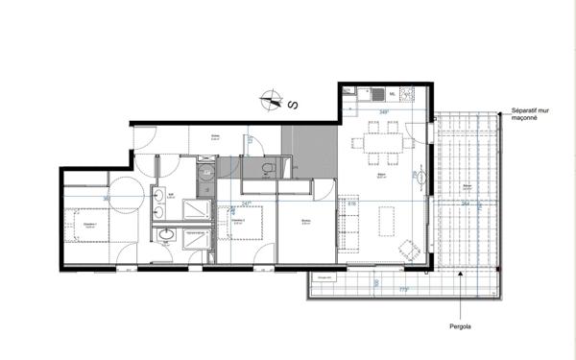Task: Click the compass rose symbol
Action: click(273, 99)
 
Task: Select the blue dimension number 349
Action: click(384, 113)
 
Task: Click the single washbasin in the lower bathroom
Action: click(164, 234)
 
